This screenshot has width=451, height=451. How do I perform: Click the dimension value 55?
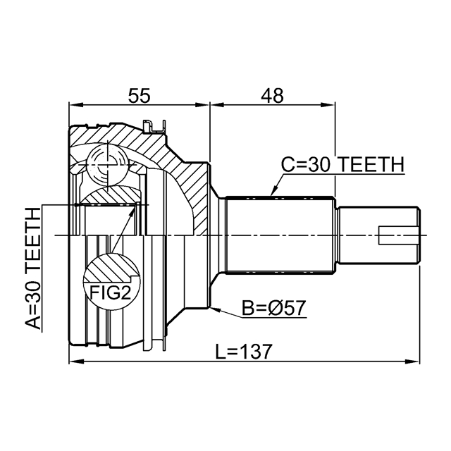click(x=140, y=96)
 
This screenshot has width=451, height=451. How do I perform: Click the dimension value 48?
click(x=272, y=96)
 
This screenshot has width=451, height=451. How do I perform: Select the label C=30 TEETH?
click(x=342, y=164)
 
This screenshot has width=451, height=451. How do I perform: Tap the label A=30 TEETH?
click(x=33, y=268)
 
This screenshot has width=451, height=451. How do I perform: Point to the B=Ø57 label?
click(x=273, y=308)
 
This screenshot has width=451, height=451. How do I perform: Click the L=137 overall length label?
click(x=244, y=351)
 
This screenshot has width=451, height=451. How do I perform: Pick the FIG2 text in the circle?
click(x=111, y=293)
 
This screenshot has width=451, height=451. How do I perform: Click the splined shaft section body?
click(x=280, y=235)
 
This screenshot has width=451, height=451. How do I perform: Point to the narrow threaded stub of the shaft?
click(x=379, y=235)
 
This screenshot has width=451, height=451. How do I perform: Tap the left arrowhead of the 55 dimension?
click(x=76, y=105)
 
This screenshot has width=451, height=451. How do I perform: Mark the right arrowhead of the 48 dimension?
click(x=328, y=105)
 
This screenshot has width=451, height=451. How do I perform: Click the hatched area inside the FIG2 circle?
click(x=110, y=268)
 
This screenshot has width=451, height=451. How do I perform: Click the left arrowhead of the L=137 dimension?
click(x=76, y=362)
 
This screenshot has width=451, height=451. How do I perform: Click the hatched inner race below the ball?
click(x=110, y=197)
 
